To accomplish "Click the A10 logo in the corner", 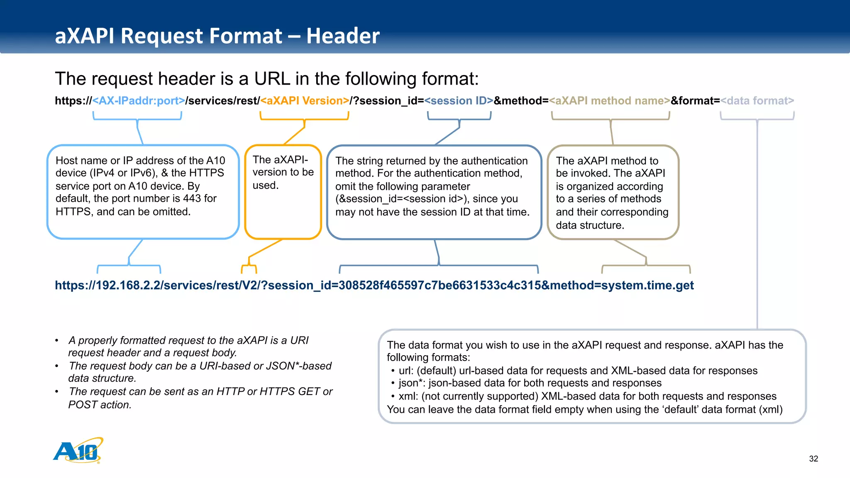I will (x=78, y=451).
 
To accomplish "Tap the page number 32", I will (x=813, y=458).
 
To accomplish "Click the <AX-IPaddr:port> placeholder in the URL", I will (x=139, y=101).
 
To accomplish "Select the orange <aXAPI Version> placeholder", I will (x=305, y=101).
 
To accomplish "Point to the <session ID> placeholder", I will (x=459, y=101).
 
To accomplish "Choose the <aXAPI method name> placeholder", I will (x=609, y=101).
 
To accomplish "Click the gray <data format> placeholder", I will (x=757, y=101).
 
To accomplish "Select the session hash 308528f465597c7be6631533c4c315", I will (x=440, y=285).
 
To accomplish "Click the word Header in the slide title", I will (x=343, y=36).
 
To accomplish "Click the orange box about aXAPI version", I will (x=283, y=192).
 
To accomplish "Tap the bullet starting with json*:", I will (x=530, y=383).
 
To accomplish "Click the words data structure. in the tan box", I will (x=590, y=225).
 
